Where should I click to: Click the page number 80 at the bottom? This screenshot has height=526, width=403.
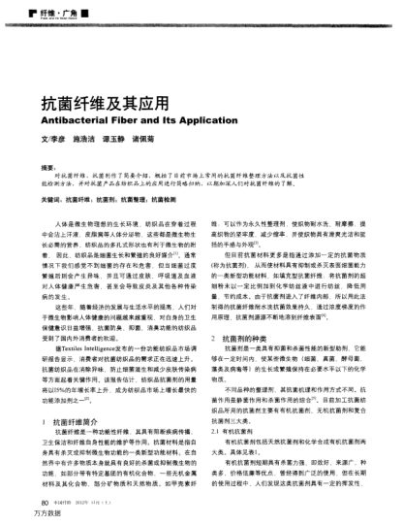point(44,502)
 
